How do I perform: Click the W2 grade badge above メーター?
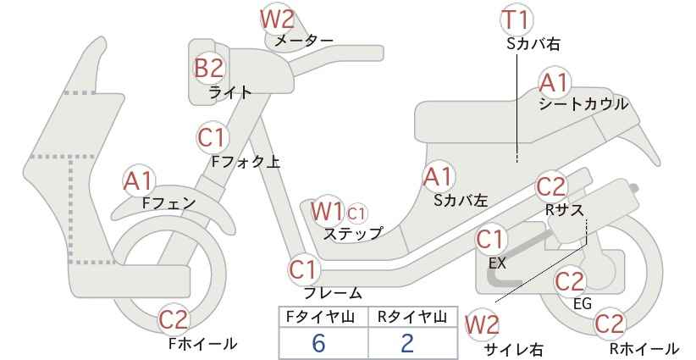[278, 19]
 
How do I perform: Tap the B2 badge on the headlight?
[208, 69]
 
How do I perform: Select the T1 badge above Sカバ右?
[516, 19]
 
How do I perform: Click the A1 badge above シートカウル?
[555, 82]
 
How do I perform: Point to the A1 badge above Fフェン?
[139, 181]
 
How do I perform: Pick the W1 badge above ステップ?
[327, 211]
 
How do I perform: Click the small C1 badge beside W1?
[356, 214]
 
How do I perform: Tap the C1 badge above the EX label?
[491, 240]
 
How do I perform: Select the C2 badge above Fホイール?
[174, 319]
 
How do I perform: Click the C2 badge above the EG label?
[571, 281]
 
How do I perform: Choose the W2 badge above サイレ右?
[482, 325]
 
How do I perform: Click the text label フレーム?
[332, 293]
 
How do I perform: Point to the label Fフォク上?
[246, 162]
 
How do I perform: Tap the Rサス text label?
[564, 210]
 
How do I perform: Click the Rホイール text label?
[644, 348]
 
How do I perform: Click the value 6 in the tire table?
[318, 343]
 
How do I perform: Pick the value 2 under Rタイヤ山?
[406, 343]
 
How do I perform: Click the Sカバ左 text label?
[461, 201]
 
